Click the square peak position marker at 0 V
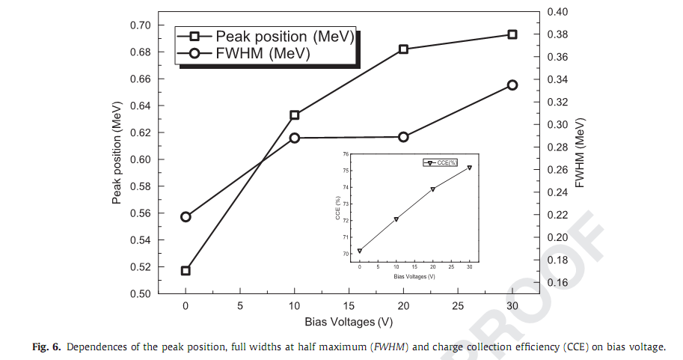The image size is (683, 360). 186,270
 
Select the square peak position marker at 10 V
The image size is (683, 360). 295,115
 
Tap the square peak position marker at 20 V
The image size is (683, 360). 404,49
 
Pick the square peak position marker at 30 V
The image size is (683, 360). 512,34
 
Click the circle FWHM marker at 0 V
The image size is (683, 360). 186,217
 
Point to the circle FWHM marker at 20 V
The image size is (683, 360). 404,137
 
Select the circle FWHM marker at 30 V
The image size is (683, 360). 512,85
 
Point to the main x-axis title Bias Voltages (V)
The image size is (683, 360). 349,323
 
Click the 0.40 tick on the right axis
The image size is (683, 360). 558,12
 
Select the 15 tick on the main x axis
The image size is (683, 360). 349,306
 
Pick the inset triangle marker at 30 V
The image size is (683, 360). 470,168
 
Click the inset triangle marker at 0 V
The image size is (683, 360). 360,251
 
